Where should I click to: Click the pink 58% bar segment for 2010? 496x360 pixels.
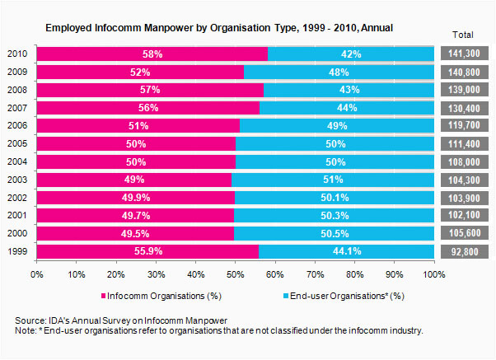tap(152, 54)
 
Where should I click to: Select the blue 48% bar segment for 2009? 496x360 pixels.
tap(339, 72)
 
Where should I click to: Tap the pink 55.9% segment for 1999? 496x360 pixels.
tap(148, 251)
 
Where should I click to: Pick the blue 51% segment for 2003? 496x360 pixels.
tap(333, 180)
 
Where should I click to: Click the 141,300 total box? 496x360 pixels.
tap(465, 54)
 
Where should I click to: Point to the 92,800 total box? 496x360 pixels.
tap(465, 251)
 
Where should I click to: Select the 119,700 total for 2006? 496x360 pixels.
tap(465, 125)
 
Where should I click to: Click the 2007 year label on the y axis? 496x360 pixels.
tap(17, 108)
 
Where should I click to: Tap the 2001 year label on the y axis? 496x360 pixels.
tap(17, 216)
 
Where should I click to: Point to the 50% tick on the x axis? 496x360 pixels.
tap(235, 274)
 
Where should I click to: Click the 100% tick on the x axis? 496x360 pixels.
tap(434, 274)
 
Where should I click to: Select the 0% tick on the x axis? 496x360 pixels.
tap(37, 274)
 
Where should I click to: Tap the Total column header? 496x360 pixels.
tap(464, 34)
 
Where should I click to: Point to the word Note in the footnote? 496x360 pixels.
tap(26, 330)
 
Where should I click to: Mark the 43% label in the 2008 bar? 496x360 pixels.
tap(349, 90)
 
